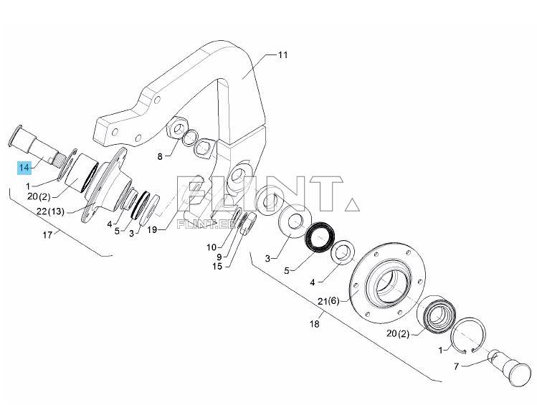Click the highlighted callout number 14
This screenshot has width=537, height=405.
point(24,168)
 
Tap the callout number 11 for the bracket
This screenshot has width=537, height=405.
point(283,54)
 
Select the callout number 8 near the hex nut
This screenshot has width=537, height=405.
point(160,157)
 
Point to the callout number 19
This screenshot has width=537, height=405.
point(152,229)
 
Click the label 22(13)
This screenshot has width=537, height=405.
point(50,211)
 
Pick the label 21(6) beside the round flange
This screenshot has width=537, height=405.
point(328,301)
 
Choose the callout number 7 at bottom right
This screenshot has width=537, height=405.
point(456,367)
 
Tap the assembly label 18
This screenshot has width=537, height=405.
point(315,323)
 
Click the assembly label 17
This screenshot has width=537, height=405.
point(47,235)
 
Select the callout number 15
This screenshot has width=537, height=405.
point(217,266)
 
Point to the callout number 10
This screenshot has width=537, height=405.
point(212,247)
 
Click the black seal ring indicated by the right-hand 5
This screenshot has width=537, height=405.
point(320,237)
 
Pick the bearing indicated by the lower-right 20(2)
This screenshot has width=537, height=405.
point(437,313)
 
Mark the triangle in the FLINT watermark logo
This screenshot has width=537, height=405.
point(352,205)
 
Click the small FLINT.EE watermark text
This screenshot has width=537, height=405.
point(206,224)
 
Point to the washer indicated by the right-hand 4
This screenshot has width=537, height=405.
point(343,252)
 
